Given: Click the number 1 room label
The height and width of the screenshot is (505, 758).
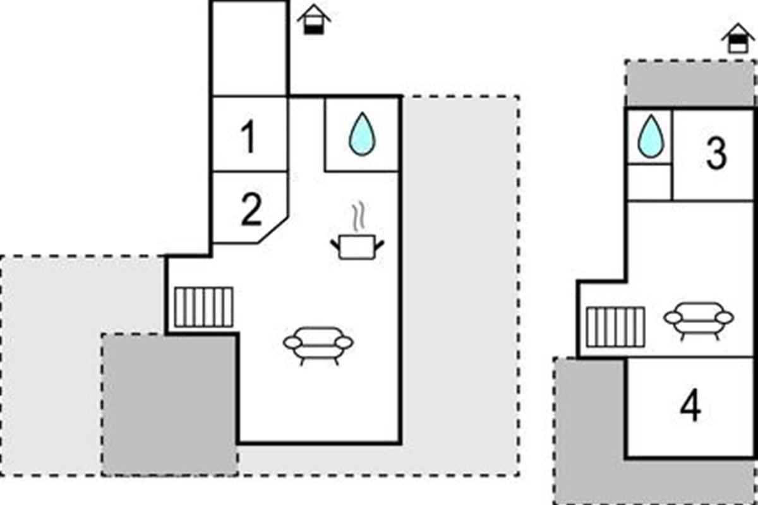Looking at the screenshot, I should [x=250, y=137].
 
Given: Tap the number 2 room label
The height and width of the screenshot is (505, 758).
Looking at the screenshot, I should [x=251, y=211].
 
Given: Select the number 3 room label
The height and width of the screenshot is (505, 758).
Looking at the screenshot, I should [x=716, y=154].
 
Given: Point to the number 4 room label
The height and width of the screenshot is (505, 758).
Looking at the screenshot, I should [x=690, y=408].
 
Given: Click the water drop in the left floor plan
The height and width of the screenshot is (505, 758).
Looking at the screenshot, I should [x=362, y=134].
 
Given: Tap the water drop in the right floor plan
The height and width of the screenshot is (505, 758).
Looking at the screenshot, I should [x=650, y=136].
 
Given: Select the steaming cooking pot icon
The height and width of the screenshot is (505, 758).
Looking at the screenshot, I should [x=357, y=246].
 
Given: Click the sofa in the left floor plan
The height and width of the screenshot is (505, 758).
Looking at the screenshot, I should [x=318, y=344].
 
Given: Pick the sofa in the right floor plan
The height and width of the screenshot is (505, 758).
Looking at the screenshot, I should [x=698, y=319].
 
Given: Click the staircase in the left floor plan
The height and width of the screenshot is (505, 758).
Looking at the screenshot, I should [x=203, y=307].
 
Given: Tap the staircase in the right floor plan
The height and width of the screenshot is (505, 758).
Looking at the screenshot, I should [x=615, y=327].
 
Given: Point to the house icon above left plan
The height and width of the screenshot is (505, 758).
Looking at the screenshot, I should [x=314, y=20].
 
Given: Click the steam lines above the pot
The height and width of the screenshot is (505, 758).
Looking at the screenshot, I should [x=358, y=217].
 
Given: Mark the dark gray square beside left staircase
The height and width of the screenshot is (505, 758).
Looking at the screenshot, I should [x=169, y=404].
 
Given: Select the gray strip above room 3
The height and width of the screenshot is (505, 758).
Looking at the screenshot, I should [x=690, y=83].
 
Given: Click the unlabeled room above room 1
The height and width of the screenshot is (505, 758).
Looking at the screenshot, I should [x=250, y=49].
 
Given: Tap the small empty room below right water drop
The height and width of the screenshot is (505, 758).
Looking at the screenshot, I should [x=649, y=182].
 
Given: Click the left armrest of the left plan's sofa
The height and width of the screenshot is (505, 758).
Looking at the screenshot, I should [x=292, y=343].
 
